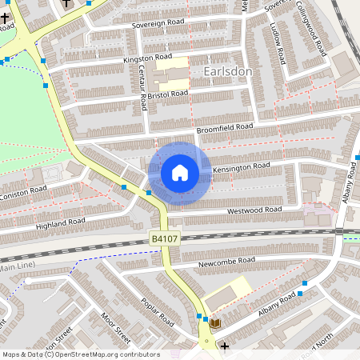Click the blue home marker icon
pos(180,173)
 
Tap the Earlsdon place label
pos(229,71)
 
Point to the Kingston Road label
pos(147,58)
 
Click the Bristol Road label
pos(167,94)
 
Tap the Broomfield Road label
pos(225,127)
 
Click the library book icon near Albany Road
pos(214,322)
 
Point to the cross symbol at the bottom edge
pos(225,346)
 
